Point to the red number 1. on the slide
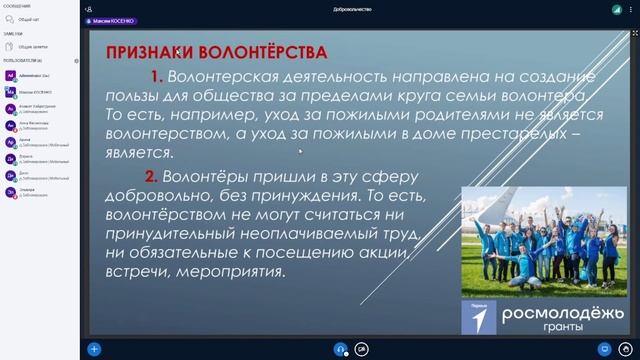click(x=156, y=76)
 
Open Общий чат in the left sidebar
click(x=31, y=19)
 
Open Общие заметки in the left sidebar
click(x=34, y=46)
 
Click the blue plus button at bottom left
click(x=94, y=349)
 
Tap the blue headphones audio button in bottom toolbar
click(x=341, y=349)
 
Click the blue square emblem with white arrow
click(x=479, y=317)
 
